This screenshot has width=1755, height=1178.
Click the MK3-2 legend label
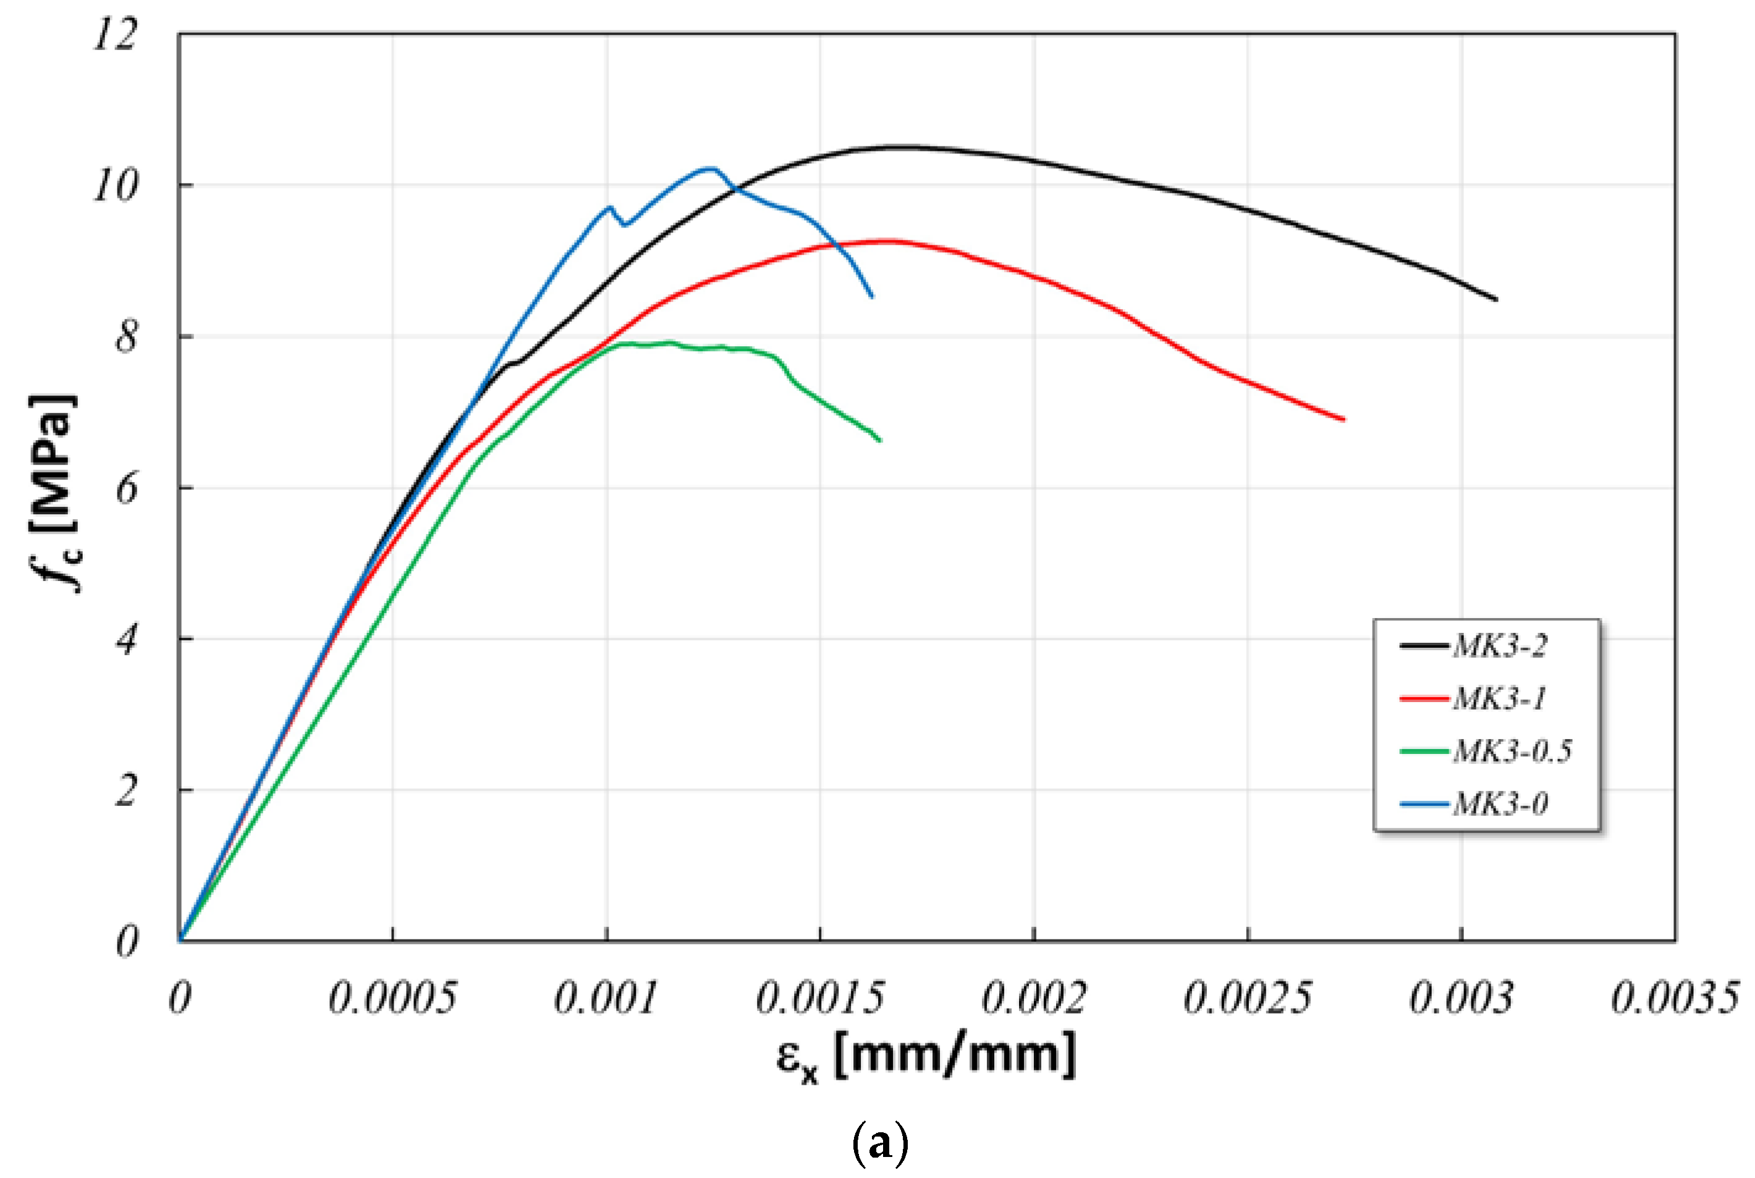1499,646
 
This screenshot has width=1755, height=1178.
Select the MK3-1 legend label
1499,698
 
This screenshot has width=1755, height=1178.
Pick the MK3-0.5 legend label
1512,752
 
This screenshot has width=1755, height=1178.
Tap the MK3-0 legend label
1500,804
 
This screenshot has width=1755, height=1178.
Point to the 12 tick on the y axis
115,35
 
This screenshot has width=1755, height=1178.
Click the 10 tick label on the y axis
115,185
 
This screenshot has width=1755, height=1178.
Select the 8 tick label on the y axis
126,337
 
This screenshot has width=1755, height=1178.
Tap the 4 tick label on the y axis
126,640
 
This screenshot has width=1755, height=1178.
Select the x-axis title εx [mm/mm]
926,1056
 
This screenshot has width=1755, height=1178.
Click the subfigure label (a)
880,1143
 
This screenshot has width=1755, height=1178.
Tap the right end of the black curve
1496,300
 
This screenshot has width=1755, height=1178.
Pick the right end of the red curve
1343,420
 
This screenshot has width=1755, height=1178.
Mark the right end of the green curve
879,440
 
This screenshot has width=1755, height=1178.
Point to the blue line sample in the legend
1424,805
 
